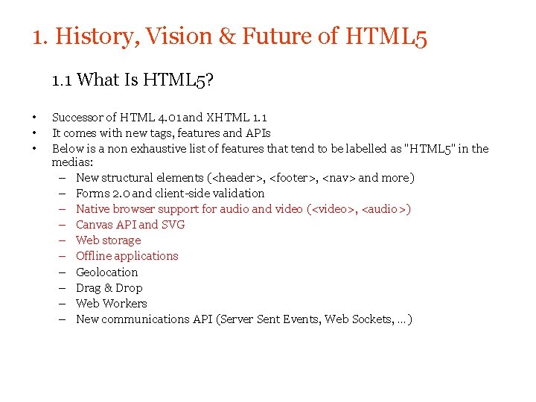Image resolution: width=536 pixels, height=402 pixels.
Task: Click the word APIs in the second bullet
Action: click(258, 133)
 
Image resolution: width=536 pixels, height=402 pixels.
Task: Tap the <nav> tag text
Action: click(339, 178)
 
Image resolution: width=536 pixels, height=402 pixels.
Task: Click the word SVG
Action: click(173, 225)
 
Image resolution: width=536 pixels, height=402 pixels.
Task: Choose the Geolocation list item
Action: click(107, 272)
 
